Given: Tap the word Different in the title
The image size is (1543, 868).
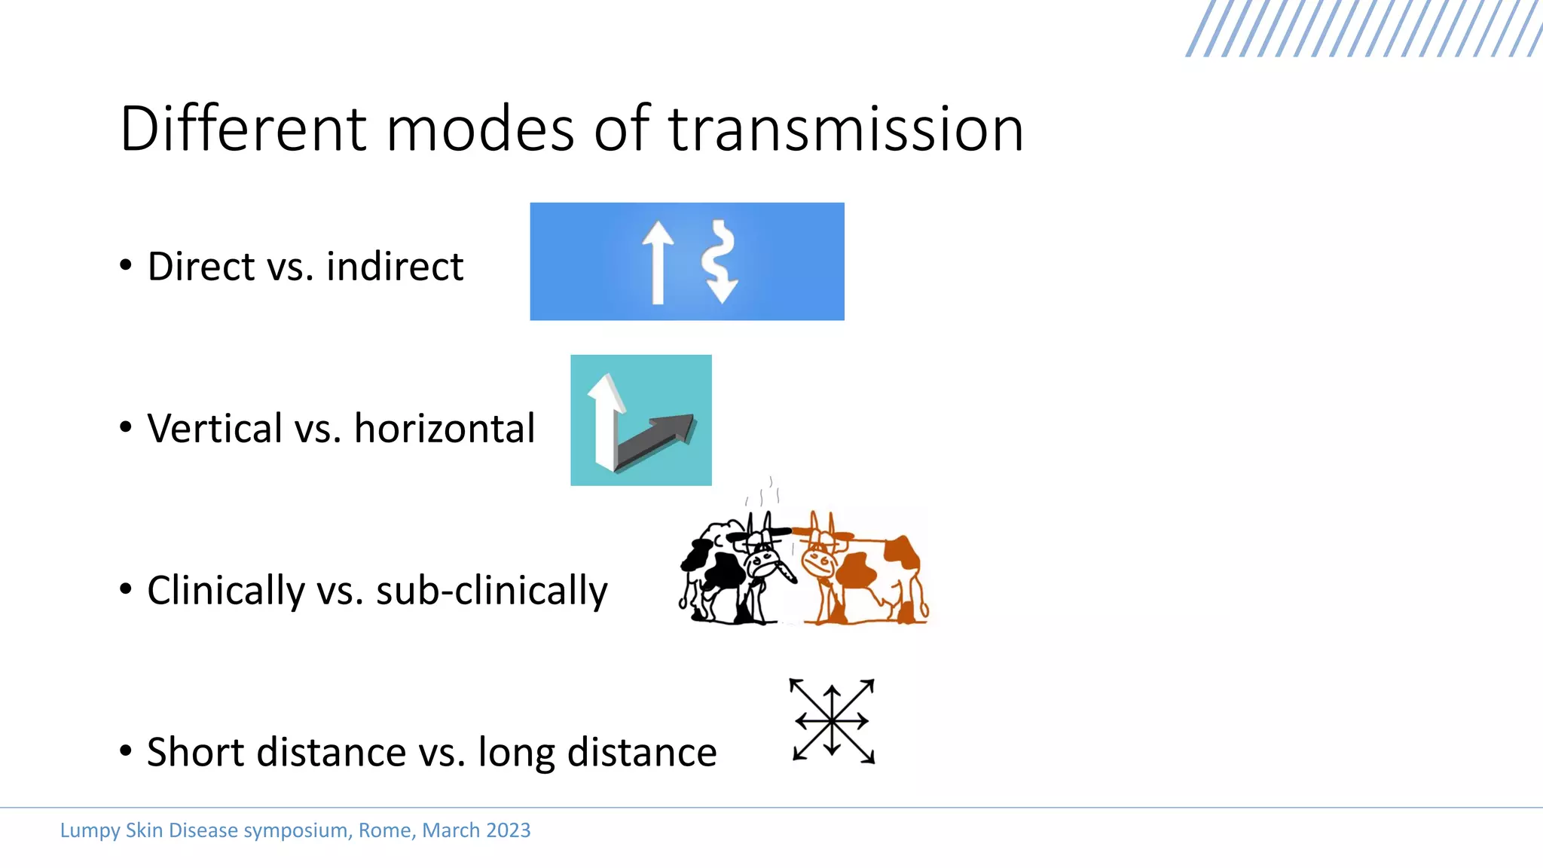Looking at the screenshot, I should (x=243, y=130).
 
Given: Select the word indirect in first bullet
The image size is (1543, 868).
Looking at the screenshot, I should (x=394, y=267).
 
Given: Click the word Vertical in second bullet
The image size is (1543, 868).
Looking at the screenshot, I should (x=214, y=429).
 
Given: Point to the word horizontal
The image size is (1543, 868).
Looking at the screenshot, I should (x=445, y=429).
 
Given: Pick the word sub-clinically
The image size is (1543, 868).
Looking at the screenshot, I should (x=491, y=591).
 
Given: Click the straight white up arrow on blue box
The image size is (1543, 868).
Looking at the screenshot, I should (x=658, y=262).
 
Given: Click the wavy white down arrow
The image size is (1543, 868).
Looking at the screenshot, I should (x=720, y=262).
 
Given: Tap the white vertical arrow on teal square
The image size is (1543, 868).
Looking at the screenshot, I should (x=605, y=422).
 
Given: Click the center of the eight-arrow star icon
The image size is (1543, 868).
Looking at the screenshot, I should (x=832, y=721).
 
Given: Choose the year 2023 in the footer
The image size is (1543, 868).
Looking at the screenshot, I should (x=508, y=830).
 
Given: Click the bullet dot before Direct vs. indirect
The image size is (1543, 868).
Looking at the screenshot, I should (x=126, y=265).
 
